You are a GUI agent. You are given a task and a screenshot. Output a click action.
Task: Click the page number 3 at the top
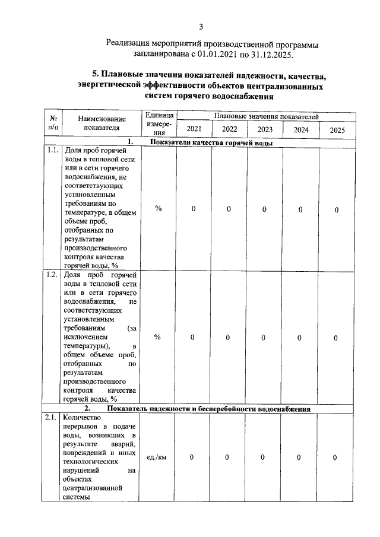201,26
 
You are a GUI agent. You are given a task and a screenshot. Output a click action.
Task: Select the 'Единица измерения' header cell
158,123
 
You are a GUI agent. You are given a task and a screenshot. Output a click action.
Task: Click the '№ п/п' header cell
52,123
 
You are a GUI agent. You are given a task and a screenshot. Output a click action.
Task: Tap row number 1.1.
52,151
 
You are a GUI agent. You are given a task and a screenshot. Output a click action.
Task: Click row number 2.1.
52,418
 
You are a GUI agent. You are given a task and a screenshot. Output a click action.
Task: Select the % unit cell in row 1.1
158,209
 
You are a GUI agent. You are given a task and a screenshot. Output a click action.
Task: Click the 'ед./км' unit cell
156,457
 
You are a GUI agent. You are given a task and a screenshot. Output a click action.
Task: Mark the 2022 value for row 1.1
229,209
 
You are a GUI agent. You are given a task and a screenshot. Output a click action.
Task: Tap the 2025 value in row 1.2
336,338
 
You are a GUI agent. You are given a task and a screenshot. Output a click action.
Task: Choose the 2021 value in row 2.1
192,457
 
